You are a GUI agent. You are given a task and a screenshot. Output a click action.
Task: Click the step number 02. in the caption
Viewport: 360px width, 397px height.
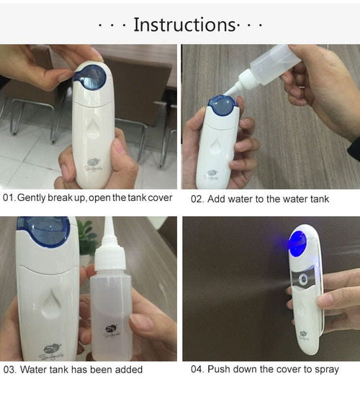click(x=198, y=198)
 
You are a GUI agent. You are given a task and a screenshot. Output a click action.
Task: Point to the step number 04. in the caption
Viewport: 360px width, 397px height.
click(x=198, y=370)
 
